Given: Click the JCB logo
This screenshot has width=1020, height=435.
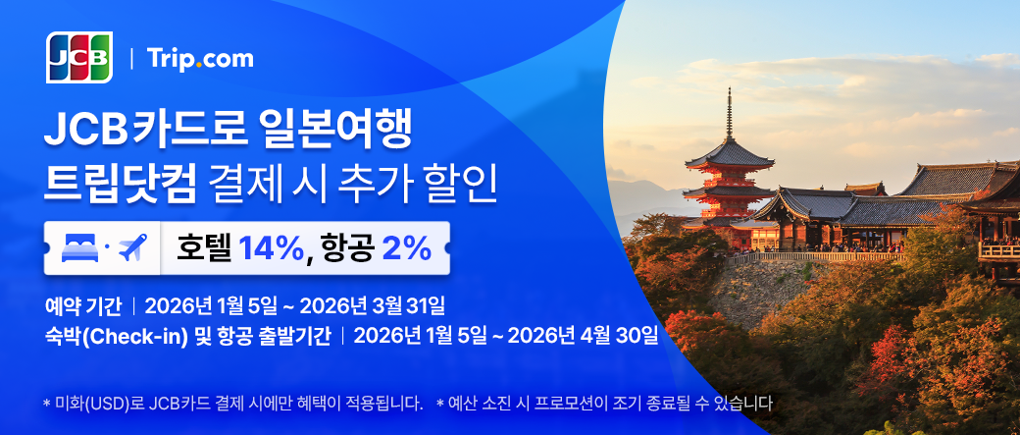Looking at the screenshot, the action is (79, 57).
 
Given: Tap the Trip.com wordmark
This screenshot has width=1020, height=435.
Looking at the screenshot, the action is (200, 59).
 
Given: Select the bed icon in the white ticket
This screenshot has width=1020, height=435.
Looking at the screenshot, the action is (78, 247).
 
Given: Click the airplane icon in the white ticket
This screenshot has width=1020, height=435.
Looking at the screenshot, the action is (132, 247).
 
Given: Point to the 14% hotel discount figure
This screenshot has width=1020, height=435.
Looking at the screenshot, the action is (271, 248).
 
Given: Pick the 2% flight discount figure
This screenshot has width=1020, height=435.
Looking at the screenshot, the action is (407, 248).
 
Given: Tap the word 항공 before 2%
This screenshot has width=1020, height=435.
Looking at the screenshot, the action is (347, 248).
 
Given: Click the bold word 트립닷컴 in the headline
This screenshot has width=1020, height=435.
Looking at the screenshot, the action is (120, 185).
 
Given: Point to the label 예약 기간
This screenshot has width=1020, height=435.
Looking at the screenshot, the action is (83, 305).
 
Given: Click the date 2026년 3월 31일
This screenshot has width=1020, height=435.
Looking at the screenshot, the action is (373, 304).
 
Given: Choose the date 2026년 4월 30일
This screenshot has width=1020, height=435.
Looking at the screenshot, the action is (583, 336).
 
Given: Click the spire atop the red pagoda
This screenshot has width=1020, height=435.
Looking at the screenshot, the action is (730, 113).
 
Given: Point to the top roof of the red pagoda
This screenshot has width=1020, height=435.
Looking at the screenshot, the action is (730, 154).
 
